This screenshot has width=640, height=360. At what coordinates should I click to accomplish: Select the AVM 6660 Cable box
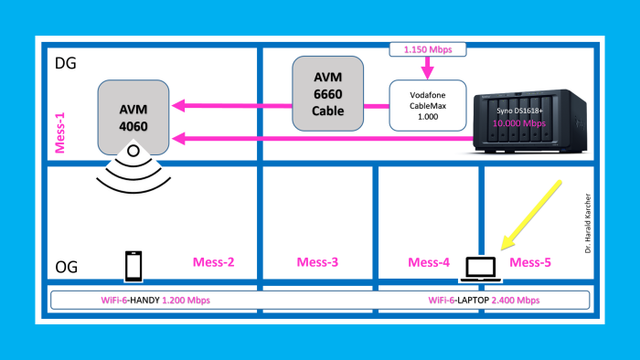(327, 92)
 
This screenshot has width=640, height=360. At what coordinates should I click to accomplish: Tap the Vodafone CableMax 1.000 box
(428, 107)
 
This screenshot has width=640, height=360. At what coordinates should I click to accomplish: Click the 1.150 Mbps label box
(427, 48)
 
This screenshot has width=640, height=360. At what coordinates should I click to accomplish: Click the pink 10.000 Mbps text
(518, 121)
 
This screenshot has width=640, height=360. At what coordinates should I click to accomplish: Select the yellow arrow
(533, 214)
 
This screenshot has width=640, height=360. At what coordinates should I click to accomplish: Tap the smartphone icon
(133, 265)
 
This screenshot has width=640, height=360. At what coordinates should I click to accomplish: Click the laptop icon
(480, 267)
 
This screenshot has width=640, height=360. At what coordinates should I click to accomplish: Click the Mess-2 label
(214, 263)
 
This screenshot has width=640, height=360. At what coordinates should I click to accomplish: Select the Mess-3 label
(318, 263)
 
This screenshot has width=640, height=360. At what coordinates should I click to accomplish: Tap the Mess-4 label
(429, 263)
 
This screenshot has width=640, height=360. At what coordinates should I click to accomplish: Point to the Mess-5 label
(532, 263)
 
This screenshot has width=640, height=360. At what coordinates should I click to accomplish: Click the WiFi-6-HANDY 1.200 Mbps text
(152, 300)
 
